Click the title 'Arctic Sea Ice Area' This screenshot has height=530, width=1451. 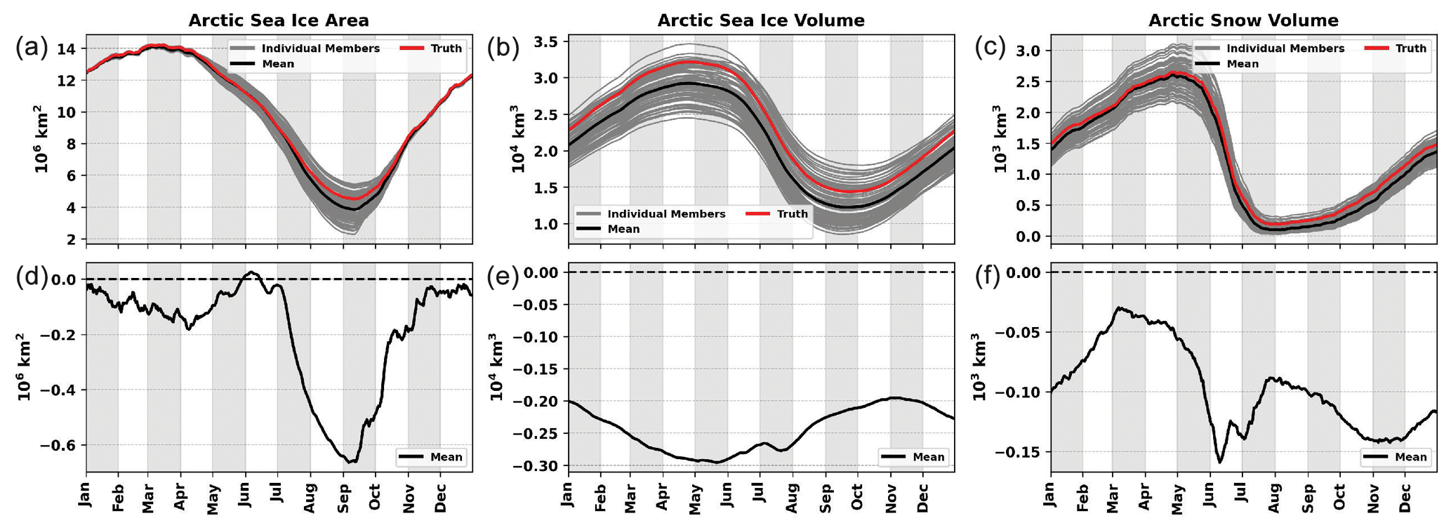coord(279,20)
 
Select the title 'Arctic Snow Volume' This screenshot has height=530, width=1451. coord(1243,20)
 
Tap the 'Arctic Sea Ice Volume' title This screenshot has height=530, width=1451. coord(761,20)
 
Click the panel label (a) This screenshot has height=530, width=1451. coord(32,48)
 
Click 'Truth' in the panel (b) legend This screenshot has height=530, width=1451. coord(792,213)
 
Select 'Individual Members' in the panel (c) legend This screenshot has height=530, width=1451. coord(1285,48)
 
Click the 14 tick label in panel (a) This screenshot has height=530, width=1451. coord(67,49)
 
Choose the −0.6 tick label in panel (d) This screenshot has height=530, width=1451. coord(61,445)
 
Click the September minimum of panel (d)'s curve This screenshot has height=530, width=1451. coord(351,462)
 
